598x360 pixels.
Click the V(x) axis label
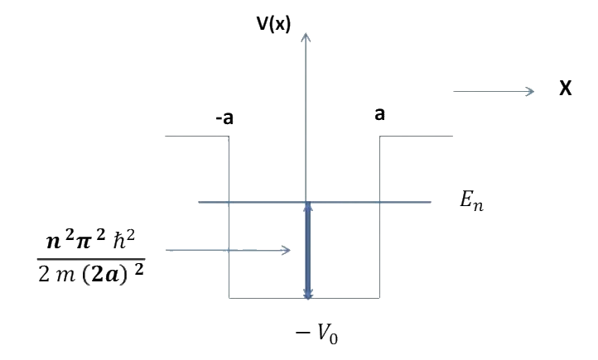(x=274, y=24)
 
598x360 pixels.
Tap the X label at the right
(x=566, y=89)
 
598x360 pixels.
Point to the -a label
(x=224, y=118)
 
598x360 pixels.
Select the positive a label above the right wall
(x=379, y=114)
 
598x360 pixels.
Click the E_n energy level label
(x=471, y=201)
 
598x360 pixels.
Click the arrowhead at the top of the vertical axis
(x=307, y=36)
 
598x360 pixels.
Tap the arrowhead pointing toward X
(x=531, y=91)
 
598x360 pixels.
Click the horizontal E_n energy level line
(x=373, y=202)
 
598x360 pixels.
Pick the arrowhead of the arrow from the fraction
(x=286, y=250)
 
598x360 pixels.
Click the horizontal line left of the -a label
(x=195, y=136)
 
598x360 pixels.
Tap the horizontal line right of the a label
(x=417, y=136)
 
